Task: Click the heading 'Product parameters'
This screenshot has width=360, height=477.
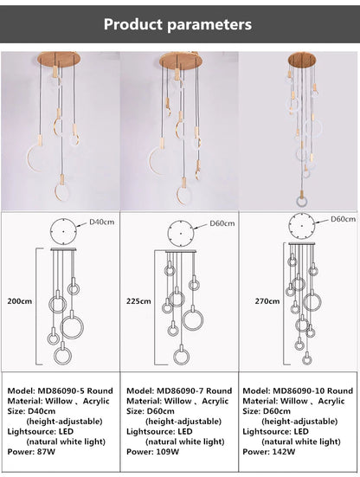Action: [178, 23]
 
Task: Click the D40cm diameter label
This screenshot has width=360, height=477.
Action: [103, 223]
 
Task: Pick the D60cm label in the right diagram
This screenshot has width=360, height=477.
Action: [344, 220]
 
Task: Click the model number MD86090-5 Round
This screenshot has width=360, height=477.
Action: [60, 391]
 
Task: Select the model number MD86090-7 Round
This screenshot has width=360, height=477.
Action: [179, 391]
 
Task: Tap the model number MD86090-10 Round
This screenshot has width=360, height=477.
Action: [299, 391]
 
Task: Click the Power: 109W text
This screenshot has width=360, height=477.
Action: [152, 452]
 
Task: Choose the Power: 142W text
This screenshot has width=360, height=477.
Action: [272, 452]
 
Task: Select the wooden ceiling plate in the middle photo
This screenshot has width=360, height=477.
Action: [179, 61]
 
